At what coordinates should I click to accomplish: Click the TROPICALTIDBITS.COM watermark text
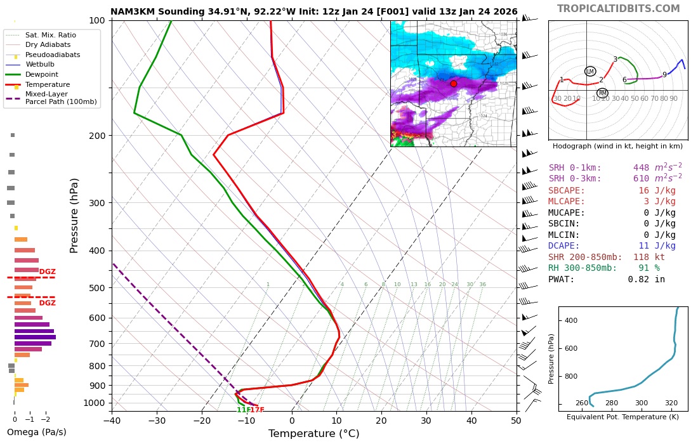[x=618, y=9]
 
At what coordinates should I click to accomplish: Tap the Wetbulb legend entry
[x=42, y=64]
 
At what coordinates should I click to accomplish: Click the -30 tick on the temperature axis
[x=157, y=420]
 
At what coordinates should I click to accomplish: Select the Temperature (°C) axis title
[x=313, y=434]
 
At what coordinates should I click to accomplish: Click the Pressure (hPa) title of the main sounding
[x=74, y=215]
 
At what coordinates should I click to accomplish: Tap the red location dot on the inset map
[x=453, y=84]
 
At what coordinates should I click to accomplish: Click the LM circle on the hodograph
[x=590, y=72]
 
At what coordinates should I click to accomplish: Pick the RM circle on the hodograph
[x=602, y=93]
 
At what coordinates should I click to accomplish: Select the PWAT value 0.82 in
[x=646, y=279]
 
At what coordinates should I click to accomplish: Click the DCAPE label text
[x=564, y=246]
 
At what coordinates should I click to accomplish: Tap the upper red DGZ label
[x=48, y=272]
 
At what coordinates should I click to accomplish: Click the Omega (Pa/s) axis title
[x=36, y=433]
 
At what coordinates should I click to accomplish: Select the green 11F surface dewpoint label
[x=242, y=410]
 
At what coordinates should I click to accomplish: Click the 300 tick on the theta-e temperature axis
[x=641, y=403]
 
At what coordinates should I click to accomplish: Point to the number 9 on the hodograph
[x=664, y=75]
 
